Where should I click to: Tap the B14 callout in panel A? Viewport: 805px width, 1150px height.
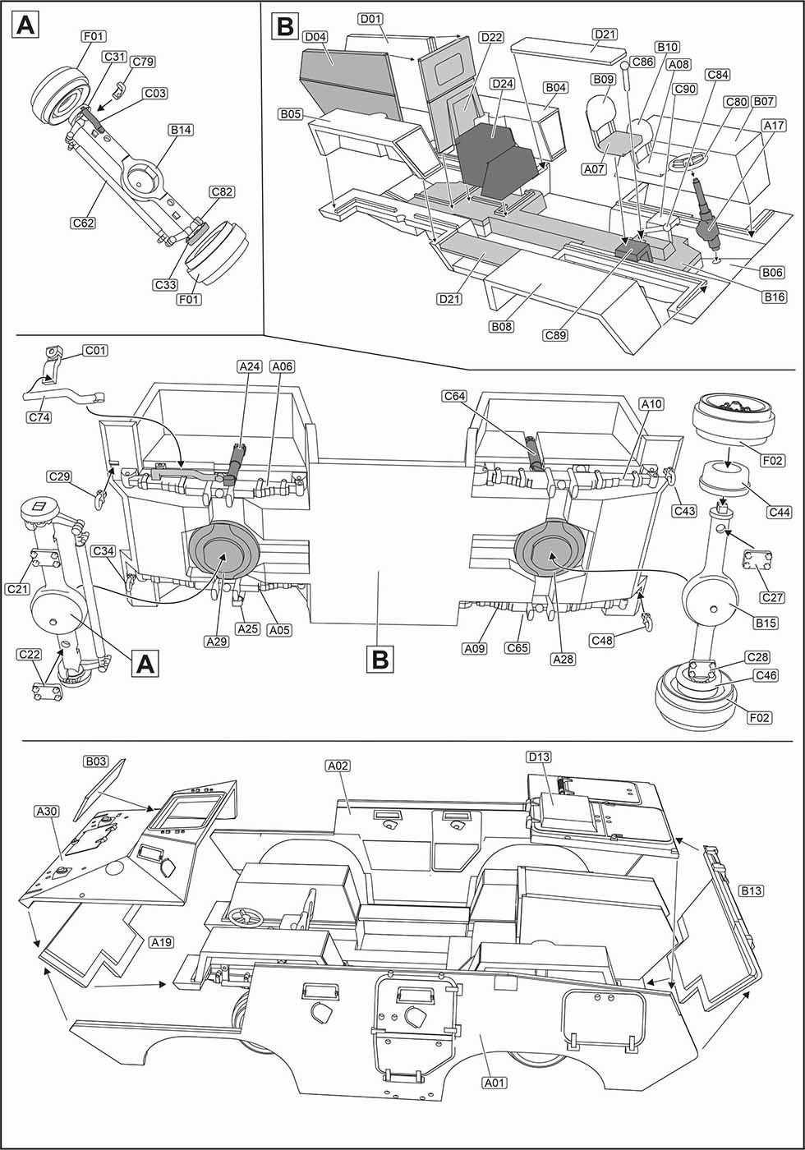[178, 130]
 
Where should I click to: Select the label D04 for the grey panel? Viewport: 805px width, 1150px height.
[315, 36]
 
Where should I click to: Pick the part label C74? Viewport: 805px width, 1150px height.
[39, 417]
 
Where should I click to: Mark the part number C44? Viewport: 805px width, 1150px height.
[780, 513]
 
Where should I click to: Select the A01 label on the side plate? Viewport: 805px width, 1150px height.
[494, 1083]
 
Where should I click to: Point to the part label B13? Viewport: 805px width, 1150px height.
[751, 890]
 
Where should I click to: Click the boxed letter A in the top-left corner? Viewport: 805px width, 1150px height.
[25, 26]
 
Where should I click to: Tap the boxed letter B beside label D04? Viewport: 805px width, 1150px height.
[283, 26]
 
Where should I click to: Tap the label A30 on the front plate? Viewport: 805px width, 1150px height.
[47, 811]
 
